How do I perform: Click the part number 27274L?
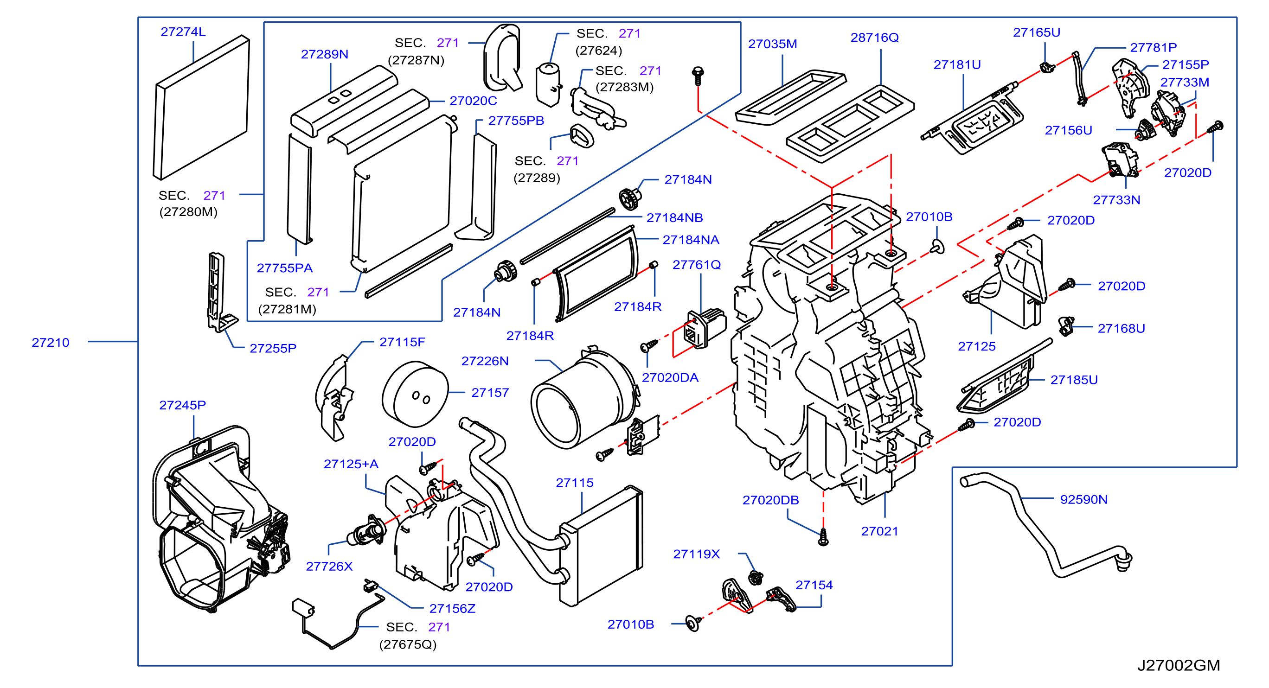click(x=183, y=32)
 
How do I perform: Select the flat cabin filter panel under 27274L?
click(x=201, y=108)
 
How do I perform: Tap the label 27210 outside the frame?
click(x=50, y=343)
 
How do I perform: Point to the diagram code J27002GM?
click(x=1179, y=666)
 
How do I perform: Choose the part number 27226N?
click(x=485, y=362)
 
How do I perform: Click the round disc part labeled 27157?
click(x=415, y=394)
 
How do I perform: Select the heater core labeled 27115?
click(x=601, y=546)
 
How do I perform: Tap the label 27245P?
click(x=182, y=405)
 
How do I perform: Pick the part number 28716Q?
click(x=874, y=38)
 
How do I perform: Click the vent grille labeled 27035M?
click(x=790, y=97)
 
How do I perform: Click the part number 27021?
click(x=879, y=531)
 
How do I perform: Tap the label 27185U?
click(x=1074, y=380)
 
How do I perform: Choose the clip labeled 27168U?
click(x=1066, y=326)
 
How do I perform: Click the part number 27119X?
click(x=696, y=554)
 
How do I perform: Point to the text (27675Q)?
click(x=408, y=645)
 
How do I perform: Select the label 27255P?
click(x=273, y=349)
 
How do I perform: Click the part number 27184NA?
click(x=691, y=240)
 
